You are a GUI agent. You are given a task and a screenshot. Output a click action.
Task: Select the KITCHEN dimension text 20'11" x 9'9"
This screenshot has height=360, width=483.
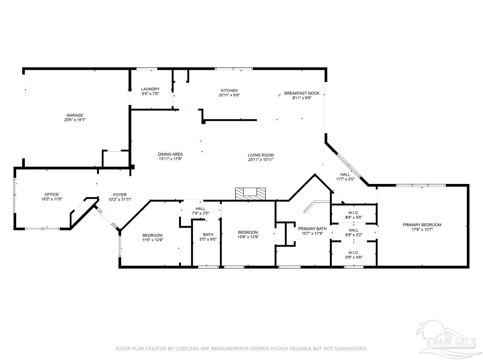pyautogui.click(x=229, y=95)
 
